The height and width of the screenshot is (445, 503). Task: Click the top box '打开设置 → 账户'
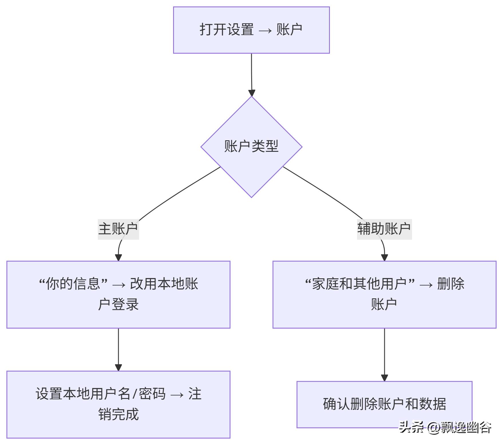251,30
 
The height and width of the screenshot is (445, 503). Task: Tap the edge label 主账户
118,229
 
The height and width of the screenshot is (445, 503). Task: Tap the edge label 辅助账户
384,229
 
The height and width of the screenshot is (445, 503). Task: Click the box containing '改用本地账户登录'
118,294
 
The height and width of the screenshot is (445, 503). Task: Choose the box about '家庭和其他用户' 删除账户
384,294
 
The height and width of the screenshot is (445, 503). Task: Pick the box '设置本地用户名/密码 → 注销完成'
118,404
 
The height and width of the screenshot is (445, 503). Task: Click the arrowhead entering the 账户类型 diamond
252,93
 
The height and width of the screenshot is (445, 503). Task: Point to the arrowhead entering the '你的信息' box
118,257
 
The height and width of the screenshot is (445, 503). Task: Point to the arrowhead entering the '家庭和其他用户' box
384,257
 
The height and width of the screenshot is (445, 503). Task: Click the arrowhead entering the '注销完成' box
118,367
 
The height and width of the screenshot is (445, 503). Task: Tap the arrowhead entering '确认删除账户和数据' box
384,378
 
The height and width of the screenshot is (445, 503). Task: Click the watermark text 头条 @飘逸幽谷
445,428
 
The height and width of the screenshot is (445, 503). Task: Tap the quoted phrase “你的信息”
73,284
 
